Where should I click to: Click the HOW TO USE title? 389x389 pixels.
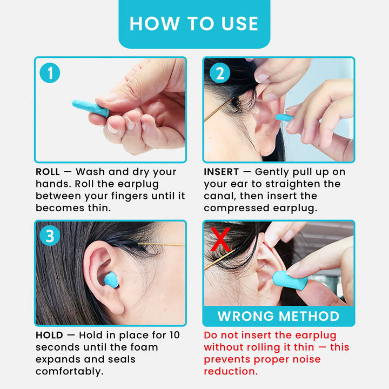coord(194,24)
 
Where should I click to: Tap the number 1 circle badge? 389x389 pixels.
coord(50,73)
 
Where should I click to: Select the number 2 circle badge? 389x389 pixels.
coord(219,73)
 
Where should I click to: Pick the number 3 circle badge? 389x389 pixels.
coord(50,236)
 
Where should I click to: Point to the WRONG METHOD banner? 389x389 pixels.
coord(278,316)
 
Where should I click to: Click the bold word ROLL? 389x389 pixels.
coord(48,172)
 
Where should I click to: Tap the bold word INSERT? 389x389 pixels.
coord(222,172)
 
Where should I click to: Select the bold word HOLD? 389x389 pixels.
coord(49,336)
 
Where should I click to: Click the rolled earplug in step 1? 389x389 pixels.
coord(90,108)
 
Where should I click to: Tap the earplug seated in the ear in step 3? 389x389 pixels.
coord(111,280)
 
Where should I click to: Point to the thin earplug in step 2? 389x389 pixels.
coord(284,118)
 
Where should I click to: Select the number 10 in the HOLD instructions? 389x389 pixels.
coord(173,336)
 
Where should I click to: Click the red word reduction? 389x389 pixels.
coord(230,372)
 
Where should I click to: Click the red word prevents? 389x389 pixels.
coord(227,360)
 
